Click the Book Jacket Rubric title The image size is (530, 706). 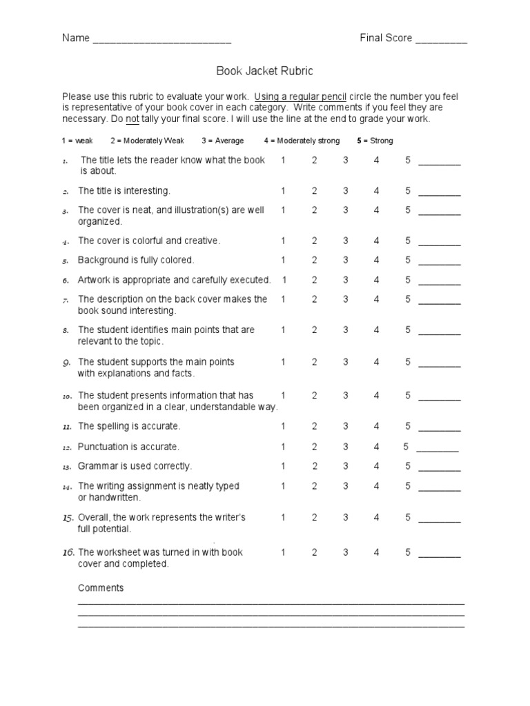click(265, 71)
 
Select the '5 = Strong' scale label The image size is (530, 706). click(375, 141)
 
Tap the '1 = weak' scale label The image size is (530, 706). click(77, 141)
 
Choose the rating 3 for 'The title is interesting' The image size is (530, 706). click(345, 191)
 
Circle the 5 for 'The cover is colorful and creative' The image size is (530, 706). click(408, 241)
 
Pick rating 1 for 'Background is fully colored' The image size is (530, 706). click(283, 260)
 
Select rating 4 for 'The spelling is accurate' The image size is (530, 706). click(377, 426)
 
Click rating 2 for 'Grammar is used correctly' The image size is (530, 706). click(314, 466)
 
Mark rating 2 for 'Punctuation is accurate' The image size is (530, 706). click(314, 447)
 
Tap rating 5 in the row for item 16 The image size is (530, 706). click(408, 552)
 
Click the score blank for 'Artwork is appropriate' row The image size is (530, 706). click(440, 281)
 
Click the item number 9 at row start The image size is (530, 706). click(67, 362)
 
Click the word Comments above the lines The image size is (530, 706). click(101, 588)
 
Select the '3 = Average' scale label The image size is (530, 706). click(222, 141)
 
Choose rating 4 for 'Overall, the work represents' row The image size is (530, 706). click(377, 517)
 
